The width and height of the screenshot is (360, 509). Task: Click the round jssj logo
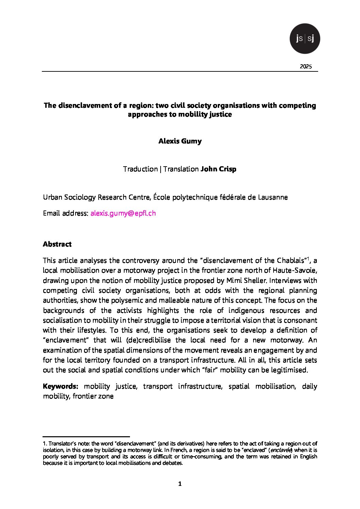click(x=305, y=39)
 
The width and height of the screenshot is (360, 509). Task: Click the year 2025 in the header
click(x=306, y=67)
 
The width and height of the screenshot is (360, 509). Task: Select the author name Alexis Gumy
click(x=180, y=141)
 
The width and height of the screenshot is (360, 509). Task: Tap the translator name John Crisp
click(x=218, y=169)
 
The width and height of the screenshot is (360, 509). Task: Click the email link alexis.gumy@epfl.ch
click(x=123, y=213)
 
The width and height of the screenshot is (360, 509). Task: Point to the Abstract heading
click(x=57, y=244)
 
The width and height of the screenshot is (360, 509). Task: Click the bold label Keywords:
click(x=61, y=386)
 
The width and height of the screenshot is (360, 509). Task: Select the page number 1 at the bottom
click(x=180, y=484)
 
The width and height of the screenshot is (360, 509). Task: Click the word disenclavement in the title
click(x=85, y=105)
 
